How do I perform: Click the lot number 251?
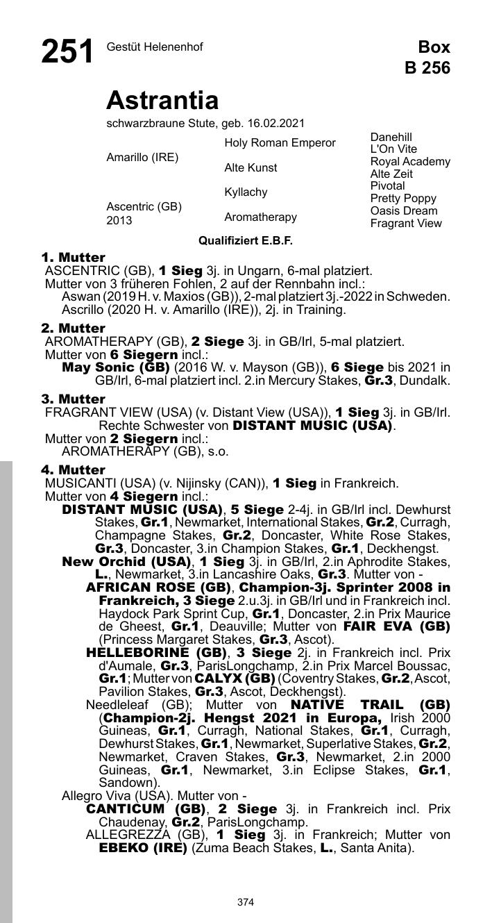(x=67, y=52)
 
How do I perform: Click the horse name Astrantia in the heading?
(x=162, y=101)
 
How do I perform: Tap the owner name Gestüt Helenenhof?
(x=155, y=47)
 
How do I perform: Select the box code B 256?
(x=427, y=67)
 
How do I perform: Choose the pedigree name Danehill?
(x=391, y=138)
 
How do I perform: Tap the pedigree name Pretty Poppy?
(x=403, y=199)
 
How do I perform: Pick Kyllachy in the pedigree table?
(x=246, y=192)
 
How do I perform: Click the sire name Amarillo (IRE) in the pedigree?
(x=142, y=158)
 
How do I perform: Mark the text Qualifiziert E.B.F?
(x=246, y=241)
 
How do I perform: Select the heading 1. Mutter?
(x=73, y=258)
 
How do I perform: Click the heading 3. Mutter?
(x=73, y=399)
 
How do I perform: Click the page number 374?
(x=246, y=902)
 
